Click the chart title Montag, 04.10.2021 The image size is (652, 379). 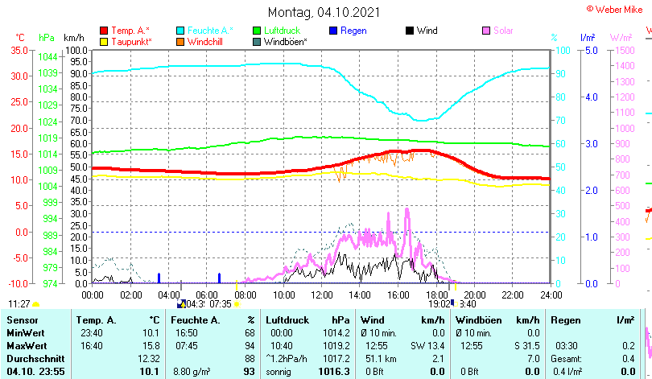(x=325, y=13)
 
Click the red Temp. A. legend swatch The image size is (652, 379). (x=103, y=31)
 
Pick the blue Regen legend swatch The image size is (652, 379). (x=333, y=31)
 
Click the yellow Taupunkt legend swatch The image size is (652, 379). (x=103, y=42)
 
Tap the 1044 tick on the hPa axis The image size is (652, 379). (x=47, y=57)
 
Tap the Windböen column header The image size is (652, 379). (x=480, y=320)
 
